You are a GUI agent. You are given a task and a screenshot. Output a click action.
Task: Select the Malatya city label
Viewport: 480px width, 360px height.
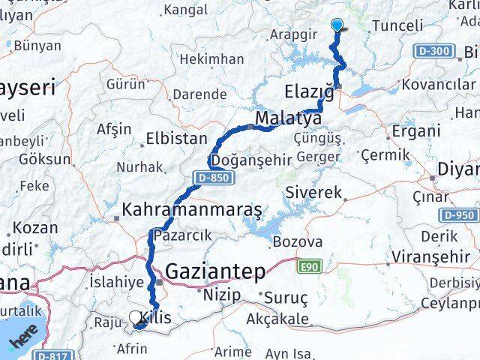click(x=288, y=118)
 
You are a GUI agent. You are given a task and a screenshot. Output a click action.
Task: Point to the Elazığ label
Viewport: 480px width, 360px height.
click(x=310, y=92)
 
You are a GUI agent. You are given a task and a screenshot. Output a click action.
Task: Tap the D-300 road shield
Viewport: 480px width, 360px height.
click(x=433, y=52)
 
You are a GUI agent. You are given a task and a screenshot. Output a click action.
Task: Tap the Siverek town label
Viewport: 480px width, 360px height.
click(x=313, y=192)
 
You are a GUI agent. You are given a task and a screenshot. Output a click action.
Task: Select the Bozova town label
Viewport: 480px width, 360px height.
click(x=297, y=242)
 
